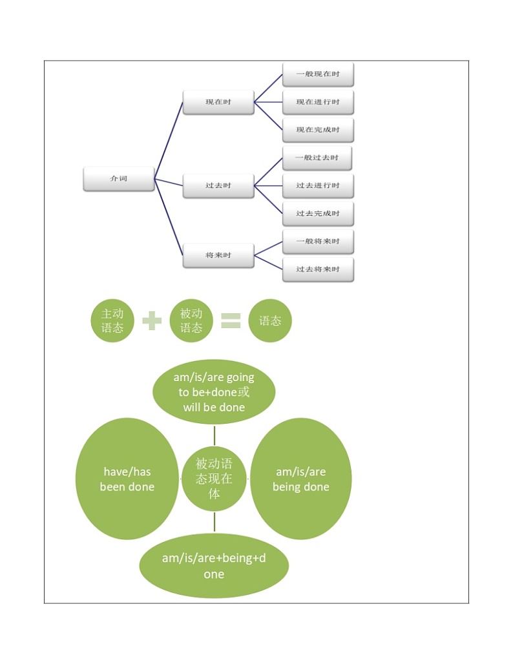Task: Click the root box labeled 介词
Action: [119, 179]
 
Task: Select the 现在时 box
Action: [218, 103]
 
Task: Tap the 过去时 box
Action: [218, 186]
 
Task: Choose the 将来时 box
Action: [218, 255]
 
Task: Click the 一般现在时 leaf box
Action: [318, 74]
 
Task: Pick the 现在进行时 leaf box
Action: [318, 102]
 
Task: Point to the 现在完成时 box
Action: [318, 130]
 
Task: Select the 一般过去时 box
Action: [317, 158]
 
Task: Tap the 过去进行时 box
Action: [318, 186]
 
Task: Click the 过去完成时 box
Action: [318, 214]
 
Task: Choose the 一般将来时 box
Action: [318, 242]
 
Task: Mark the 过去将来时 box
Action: [318, 269]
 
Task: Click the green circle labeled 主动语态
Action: [112, 320]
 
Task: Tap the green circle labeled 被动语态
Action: [191, 320]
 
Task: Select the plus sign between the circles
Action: [152, 320]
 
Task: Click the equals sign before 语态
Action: [231, 320]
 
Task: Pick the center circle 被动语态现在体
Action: [214, 479]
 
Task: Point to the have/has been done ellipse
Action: [127, 479]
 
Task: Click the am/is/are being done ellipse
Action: [300, 479]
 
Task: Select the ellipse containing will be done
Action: [214, 392]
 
